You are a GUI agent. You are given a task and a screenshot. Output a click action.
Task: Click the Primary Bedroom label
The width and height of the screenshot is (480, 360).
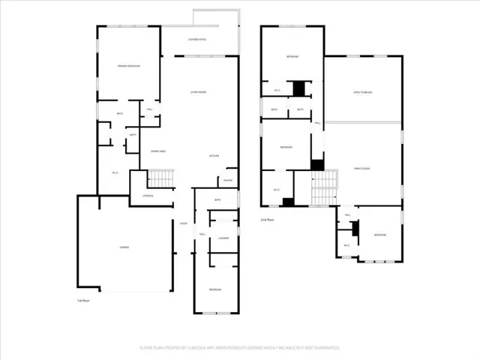(129, 66)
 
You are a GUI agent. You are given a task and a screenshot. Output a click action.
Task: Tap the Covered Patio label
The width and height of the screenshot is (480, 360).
(196, 39)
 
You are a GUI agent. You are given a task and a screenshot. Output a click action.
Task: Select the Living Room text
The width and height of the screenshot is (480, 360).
(198, 92)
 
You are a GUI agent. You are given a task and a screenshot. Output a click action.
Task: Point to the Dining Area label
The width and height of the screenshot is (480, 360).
(157, 151)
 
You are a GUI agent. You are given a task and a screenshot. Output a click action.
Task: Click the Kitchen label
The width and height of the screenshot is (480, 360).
(214, 156)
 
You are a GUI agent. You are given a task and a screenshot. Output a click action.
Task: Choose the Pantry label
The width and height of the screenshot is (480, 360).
(227, 180)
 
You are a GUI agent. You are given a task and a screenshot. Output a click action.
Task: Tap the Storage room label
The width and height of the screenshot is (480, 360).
(148, 196)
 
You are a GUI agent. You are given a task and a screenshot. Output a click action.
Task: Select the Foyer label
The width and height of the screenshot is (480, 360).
(183, 223)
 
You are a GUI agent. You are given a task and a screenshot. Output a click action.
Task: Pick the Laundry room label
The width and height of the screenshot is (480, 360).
(223, 238)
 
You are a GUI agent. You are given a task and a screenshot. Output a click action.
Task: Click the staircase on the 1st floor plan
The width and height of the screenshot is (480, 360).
(161, 178)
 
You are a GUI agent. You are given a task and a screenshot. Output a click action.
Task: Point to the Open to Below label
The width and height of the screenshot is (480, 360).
(364, 92)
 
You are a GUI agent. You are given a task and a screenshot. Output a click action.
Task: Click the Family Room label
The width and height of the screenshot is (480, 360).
(363, 169)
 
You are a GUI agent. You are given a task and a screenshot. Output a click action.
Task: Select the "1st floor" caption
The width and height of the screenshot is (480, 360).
(83, 300)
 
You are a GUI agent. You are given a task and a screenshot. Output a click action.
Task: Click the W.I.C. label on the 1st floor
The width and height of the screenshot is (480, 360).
(115, 173)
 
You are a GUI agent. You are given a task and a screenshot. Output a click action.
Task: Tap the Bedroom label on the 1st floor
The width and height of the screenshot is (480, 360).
(215, 289)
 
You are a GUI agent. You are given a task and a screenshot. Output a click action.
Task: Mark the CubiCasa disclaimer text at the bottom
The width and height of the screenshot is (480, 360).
(239, 347)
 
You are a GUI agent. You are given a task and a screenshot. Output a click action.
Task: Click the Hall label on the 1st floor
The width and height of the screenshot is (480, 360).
(202, 235)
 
